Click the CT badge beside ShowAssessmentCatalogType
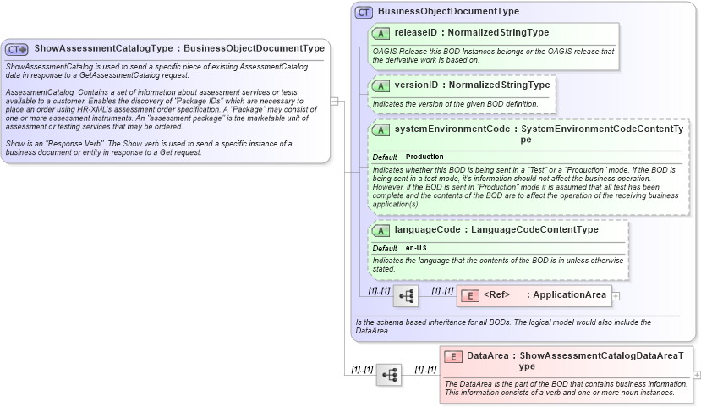(17, 49)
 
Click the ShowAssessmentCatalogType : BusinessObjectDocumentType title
(179, 48)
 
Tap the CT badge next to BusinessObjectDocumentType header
(364, 12)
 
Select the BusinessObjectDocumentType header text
(448, 12)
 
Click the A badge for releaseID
(381, 33)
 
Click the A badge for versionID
(381, 85)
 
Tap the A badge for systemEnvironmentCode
(381, 129)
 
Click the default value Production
(424, 157)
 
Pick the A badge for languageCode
(381, 230)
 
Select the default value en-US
(416, 248)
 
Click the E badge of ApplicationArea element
(470, 295)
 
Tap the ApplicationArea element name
(569, 295)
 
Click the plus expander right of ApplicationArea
(616, 296)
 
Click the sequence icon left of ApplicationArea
(405, 295)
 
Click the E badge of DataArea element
(453, 356)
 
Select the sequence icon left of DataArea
(389, 374)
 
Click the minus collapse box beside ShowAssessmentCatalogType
(335, 102)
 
